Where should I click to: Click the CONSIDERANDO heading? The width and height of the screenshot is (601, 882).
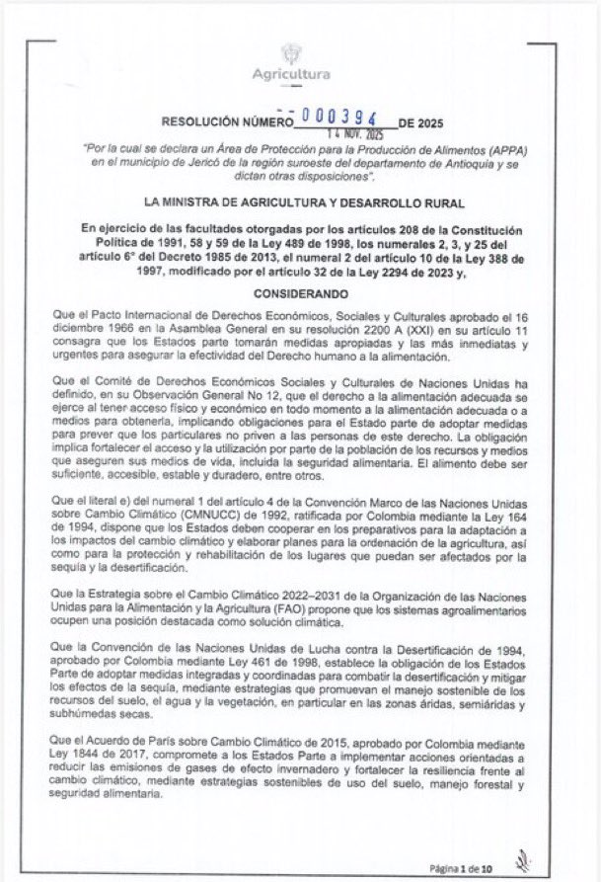(x=300, y=294)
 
